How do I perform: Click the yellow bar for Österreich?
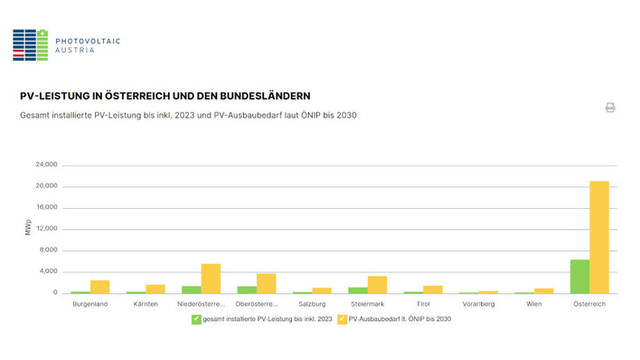click(598, 237)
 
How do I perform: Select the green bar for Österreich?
click(579, 276)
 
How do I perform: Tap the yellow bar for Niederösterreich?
click(211, 279)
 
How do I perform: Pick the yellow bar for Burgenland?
click(99, 286)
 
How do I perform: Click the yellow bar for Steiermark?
click(377, 284)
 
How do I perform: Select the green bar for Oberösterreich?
click(247, 289)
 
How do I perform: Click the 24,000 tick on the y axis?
click(46, 165)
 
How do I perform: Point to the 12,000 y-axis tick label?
click(46, 229)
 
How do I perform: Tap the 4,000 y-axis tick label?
click(48, 271)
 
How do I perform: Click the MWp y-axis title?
click(28, 229)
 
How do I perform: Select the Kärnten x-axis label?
click(146, 304)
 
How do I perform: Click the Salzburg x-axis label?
click(312, 304)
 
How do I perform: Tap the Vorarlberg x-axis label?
click(478, 304)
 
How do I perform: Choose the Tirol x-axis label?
click(423, 304)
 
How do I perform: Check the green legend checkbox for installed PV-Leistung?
click(195, 319)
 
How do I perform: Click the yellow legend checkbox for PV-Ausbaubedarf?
click(342, 319)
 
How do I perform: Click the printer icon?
click(610, 108)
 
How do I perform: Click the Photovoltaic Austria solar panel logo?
click(30, 44)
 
